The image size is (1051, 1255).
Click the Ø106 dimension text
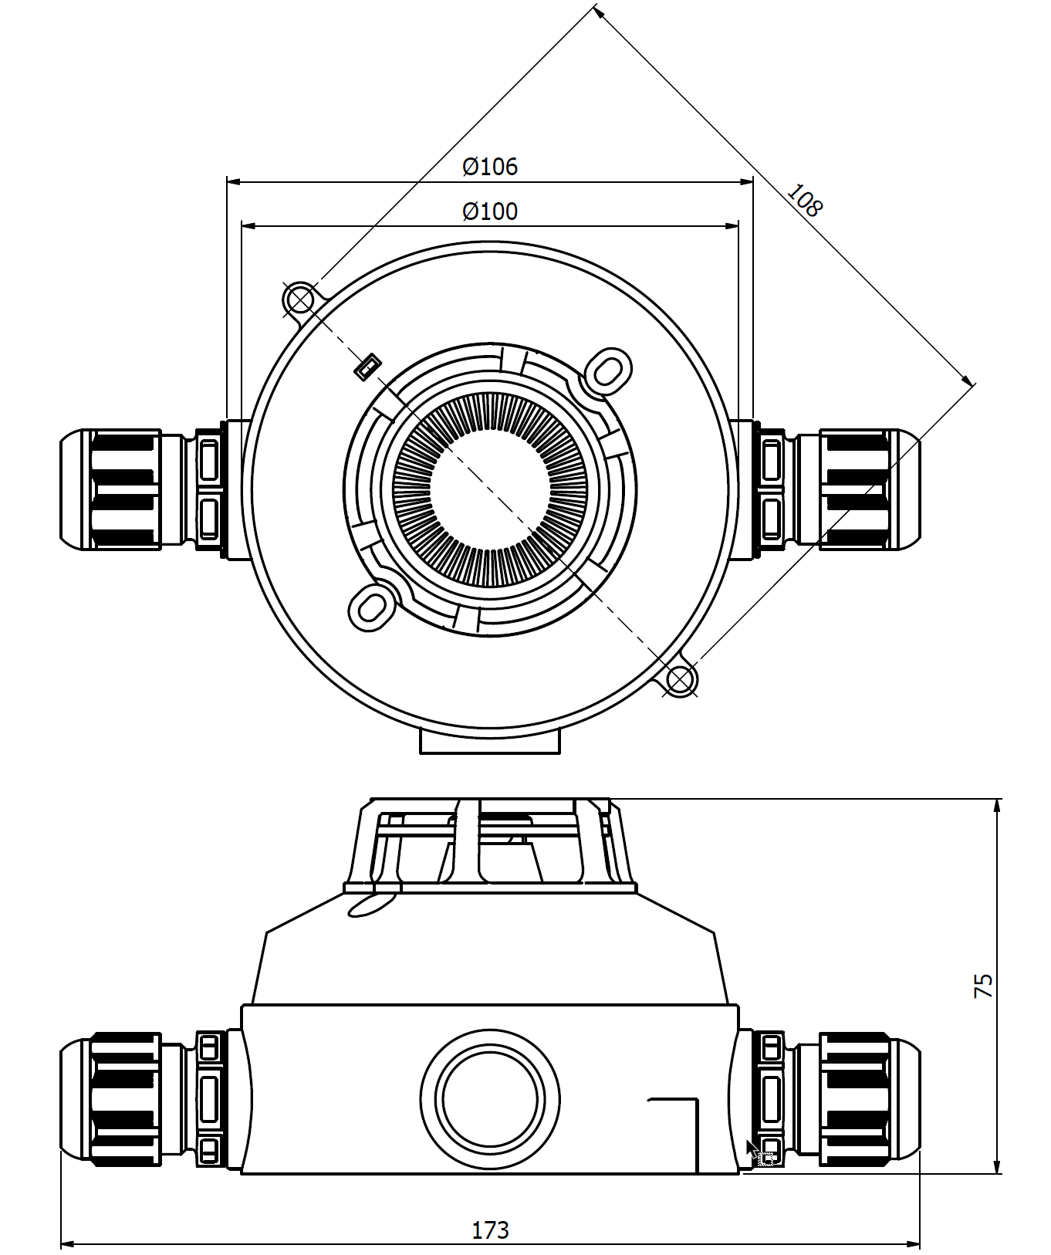tap(490, 166)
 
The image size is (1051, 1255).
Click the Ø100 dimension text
tap(490, 211)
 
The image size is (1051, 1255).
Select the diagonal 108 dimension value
tap(805, 200)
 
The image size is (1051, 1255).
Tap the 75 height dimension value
tap(984, 986)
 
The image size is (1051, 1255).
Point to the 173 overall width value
tap(490, 1230)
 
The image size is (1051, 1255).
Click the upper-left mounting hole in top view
tap(300, 299)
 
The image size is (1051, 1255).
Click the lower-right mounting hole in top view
tap(680, 680)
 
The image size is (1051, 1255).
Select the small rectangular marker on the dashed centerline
tap(368, 367)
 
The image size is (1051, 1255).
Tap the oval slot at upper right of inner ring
tap(609, 370)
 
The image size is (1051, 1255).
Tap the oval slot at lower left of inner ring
tap(372, 607)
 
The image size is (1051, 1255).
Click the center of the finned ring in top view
tap(490, 489)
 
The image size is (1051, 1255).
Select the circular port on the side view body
tap(490, 1099)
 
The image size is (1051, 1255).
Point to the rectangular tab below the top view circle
tap(490, 742)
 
